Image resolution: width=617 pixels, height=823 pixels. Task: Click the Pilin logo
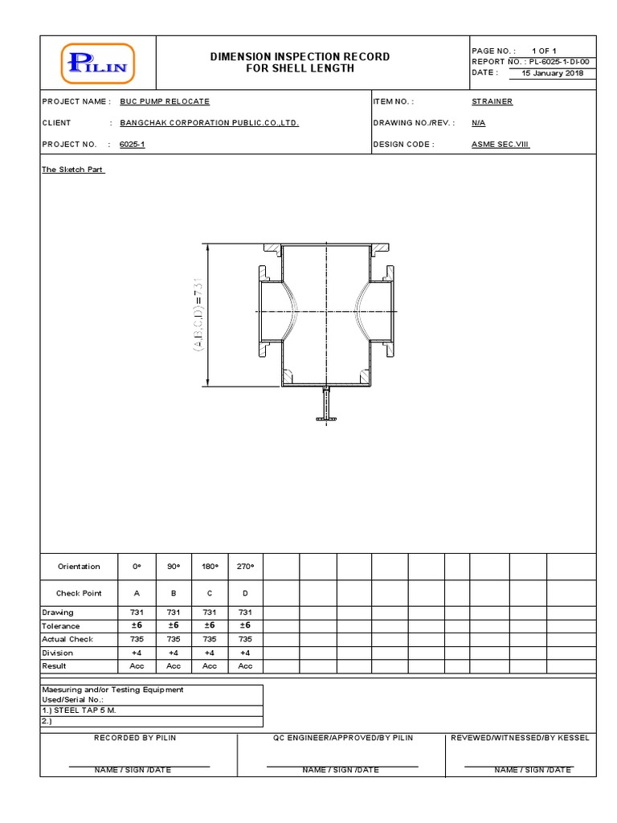97,63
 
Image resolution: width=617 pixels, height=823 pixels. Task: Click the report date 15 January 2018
552,73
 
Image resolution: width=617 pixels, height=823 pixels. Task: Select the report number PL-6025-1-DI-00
559,61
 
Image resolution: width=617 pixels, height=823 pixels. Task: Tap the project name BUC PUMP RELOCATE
165,101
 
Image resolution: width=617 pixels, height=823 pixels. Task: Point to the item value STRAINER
492,101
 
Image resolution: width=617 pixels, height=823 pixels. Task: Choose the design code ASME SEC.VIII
500,145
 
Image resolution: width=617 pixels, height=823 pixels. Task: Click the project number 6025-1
133,145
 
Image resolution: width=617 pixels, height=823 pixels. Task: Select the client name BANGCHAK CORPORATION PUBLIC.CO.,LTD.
210,123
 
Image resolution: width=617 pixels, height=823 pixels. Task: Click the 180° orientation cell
210,567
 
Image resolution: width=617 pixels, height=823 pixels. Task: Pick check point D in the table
245,593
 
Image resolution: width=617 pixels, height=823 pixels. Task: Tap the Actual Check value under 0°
137,639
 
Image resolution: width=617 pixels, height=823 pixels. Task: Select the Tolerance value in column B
174,625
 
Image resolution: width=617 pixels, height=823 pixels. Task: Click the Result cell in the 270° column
245,665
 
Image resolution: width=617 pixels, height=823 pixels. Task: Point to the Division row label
58,653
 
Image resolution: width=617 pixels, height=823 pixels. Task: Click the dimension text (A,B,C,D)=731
198,314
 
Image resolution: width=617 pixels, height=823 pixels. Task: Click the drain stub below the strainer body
326,403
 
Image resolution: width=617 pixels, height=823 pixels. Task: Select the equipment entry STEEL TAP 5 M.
79,710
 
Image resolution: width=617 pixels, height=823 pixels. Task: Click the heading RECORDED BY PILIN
135,738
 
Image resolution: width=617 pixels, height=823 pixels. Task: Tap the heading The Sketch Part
72,169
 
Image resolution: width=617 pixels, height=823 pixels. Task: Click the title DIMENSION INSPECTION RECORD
300,56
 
